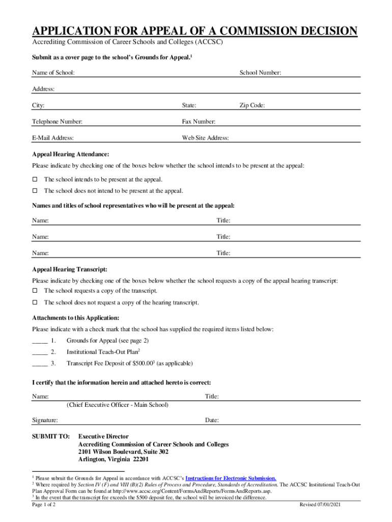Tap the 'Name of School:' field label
click(x=53, y=73)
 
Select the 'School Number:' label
click(x=260, y=73)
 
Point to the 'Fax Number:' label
click(x=199, y=122)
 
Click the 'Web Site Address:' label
click(x=205, y=138)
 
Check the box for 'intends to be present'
click(x=35, y=179)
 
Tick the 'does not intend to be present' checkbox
click(x=35, y=191)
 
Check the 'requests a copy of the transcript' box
click(x=35, y=291)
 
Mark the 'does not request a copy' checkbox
click(x=35, y=303)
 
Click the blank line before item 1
click(x=40, y=341)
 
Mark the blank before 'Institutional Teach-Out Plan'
click(x=40, y=352)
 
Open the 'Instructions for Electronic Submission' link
click(x=231, y=478)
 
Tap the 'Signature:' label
click(x=45, y=421)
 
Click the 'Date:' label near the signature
click(x=212, y=421)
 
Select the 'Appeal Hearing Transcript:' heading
click(x=70, y=269)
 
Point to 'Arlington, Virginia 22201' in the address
click(x=114, y=459)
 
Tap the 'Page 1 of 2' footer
click(x=44, y=504)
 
